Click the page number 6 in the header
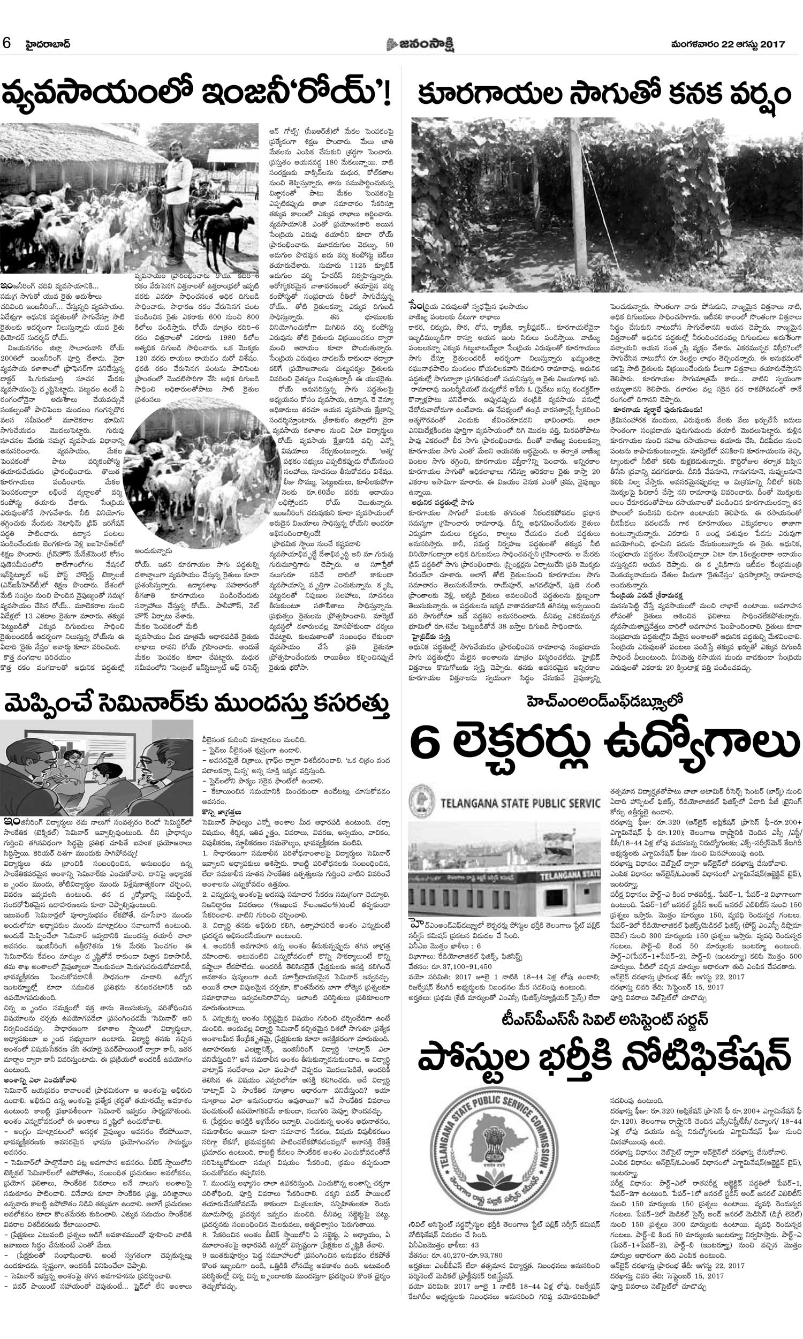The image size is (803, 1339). pos(7,43)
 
